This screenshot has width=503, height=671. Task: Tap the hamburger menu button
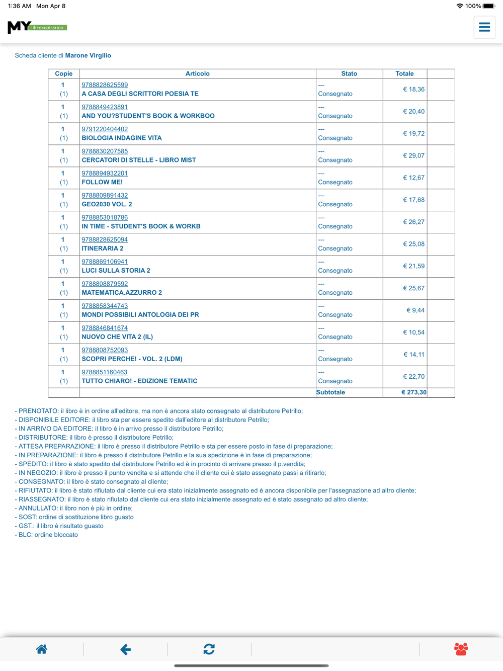[484, 27]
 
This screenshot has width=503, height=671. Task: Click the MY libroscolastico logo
[37, 27]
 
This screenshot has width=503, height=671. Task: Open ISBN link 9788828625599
[105, 85]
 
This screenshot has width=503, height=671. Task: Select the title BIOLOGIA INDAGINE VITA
[122, 138]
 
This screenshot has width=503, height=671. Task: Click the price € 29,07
[413, 156]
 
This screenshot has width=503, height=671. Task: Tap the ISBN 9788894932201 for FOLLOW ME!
[105, 174]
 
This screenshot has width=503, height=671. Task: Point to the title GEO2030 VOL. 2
[107, 204]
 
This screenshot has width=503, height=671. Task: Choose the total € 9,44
[415, 310]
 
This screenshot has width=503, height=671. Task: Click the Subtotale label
[330, 392]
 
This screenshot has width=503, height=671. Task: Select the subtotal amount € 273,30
[413, 392]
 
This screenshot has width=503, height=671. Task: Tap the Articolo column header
[197, 74]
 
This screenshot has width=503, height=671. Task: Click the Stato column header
[349, 74]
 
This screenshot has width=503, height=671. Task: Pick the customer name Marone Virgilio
[88, 56]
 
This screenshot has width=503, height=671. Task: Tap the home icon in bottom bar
[42, 649]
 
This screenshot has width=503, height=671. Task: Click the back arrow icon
[125, 649]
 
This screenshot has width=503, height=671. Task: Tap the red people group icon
[461, 649]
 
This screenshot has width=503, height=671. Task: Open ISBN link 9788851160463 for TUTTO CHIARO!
[105, 372]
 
